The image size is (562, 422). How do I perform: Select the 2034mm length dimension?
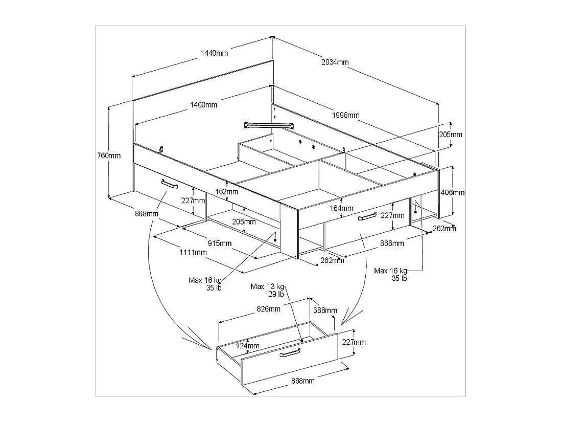click(335, 62)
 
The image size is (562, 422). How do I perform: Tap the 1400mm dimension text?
click(204, 105)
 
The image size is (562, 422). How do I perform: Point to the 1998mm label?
click(345, 115)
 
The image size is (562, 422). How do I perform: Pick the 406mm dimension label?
click(453, 192)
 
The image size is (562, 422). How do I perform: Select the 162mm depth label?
click(227, 192)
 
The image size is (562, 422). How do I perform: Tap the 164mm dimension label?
click(341, 208)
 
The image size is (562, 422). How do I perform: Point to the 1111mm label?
click(193, 252)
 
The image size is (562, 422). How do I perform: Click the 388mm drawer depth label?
click(324, 310)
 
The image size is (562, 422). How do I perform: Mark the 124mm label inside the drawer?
click(247, 346)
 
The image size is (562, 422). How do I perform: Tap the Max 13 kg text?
click(267, 286)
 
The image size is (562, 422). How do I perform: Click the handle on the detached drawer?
click(290, 354)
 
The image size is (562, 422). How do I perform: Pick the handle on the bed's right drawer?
click(367, 217)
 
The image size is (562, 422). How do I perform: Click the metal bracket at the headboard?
click(269, 125)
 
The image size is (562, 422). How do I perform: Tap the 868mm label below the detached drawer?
click(302, 381)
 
